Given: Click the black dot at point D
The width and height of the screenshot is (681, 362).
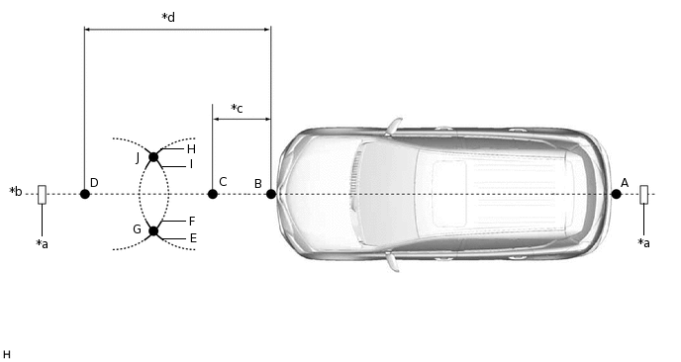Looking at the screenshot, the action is point(85,194).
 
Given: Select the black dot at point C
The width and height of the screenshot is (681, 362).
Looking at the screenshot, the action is point(213,194).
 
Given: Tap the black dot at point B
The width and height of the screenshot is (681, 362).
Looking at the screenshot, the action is point(271,194).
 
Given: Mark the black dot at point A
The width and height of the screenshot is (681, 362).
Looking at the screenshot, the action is point(616,194).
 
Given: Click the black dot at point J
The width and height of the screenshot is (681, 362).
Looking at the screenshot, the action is point(153,156).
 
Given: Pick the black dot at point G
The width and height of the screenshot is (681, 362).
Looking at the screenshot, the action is point(153,230).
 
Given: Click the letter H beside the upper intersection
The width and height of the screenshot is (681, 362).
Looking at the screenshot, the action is point(191,149).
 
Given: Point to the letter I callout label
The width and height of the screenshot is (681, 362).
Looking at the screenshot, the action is point(191,164).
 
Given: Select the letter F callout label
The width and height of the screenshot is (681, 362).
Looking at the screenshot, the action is point(192,222).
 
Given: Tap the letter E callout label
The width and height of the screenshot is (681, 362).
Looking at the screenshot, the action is point(193,237).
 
